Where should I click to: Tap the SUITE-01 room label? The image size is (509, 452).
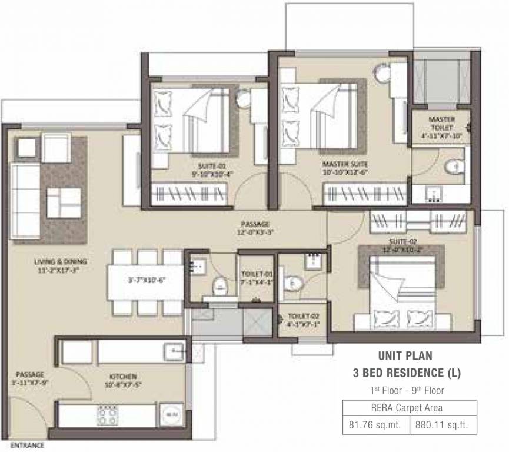coord(209,165)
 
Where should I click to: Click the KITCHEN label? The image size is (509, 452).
coord(123,376)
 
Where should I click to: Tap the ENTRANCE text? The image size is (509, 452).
coord(27,445)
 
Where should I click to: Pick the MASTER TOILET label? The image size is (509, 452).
coord(441,123)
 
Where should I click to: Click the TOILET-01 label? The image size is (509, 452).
coord(257,275)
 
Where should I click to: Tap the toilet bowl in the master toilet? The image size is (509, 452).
coord(453,169)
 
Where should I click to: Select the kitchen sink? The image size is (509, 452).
coord(176,351)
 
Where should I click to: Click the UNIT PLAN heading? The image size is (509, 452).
coord(405,355)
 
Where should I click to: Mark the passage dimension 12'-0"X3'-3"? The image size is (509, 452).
coord(255,228)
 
